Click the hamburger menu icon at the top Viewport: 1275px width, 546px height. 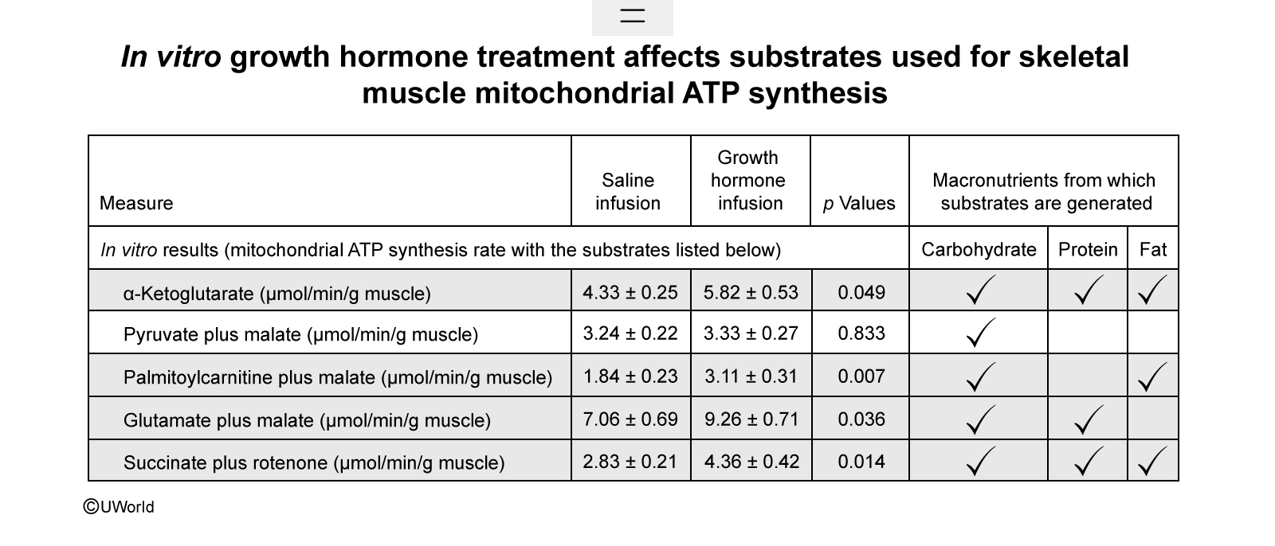coord(633,15)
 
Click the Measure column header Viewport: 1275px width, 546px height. coord(136,203)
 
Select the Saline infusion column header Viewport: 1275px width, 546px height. coord(628,192)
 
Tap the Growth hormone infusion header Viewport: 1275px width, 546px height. coord(748,181)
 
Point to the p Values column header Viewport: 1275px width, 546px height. coord(859,203)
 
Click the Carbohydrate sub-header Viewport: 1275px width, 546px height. coord(979,249)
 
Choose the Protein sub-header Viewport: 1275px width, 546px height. coord(1088,249)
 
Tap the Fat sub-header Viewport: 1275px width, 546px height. coord(1153,249)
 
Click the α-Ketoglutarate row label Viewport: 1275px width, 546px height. coord(277,294)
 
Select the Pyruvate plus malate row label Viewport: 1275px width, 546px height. coord(300,334)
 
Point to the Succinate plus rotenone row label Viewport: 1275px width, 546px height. coord(314,463)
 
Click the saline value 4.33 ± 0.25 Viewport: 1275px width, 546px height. coord(630,292)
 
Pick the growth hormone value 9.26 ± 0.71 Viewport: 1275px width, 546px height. coord(751,419)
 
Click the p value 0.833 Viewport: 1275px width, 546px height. coord(861,333)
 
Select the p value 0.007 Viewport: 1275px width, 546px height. coord(861,376)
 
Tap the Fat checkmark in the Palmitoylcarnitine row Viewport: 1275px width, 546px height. coord(1151,378)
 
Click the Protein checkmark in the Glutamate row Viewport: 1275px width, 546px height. coord(1088,421)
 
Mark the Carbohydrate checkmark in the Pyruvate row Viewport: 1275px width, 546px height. coord(980,333)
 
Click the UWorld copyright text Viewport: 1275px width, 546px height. coord(119,507)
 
